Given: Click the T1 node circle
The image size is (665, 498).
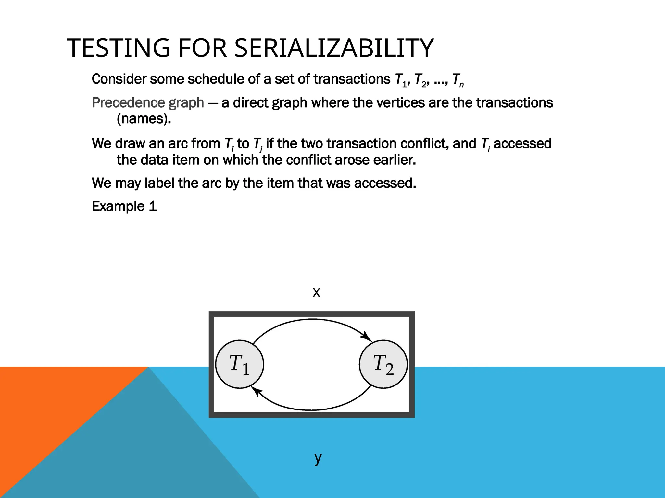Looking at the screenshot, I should click(x=240, y=364).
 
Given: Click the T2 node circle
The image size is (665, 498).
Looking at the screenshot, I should click(x=383, y=364).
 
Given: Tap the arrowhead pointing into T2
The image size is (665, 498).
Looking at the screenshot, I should click(x=367, y=337).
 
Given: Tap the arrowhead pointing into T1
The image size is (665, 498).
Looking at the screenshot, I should click(x=257, y=391).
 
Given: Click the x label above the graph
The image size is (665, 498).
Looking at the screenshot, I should click(x=316, y=292).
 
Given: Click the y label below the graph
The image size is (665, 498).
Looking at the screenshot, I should click(x=318, y=458).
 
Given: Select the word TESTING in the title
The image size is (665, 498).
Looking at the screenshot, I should click(x=118, y=48).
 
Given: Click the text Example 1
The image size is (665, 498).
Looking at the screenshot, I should click(x=124, y=207).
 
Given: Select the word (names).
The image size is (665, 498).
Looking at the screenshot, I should click(x=144, y=119).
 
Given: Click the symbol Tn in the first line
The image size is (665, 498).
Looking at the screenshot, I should click(x=458, y=80).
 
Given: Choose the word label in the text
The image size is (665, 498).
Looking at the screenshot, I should click(x=160, y=183).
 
